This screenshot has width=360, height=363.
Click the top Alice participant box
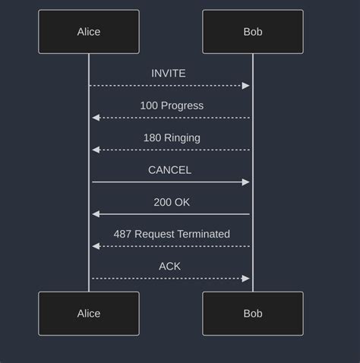click(89, 32)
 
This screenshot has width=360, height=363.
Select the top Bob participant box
click(253, 32)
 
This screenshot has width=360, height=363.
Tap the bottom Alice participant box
click(89, 314)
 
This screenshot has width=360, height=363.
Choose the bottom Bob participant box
click(253, 314)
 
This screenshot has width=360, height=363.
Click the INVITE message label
click(169, 74)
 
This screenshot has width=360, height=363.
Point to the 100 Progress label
click(172, 106)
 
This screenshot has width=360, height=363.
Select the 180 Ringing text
click(172, 137)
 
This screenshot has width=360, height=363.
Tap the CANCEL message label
click(169, 170)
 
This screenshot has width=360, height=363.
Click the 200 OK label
click(172, 202)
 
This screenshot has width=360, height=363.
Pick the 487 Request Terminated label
click(172, 234)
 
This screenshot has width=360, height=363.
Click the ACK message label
click(169, 266)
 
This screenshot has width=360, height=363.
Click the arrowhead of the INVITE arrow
click(246, 86)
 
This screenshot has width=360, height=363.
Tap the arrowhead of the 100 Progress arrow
click(96, 118)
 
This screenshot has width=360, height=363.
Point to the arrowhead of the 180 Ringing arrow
click(96, 150)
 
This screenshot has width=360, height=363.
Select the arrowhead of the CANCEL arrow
click(246, 182)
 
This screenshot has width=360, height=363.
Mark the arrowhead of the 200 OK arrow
click(96, 214)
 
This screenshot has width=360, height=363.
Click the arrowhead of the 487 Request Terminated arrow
click(96, 246)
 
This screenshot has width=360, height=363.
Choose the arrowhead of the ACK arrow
click(246, 279)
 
